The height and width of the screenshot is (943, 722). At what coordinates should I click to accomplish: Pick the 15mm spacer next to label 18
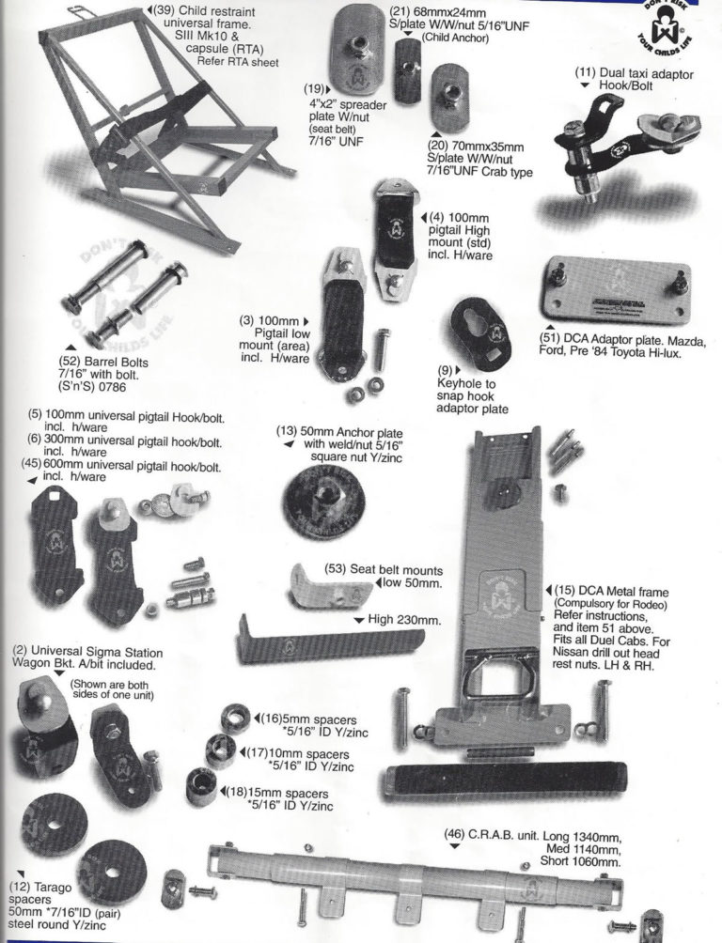click(x=201, y=785)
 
